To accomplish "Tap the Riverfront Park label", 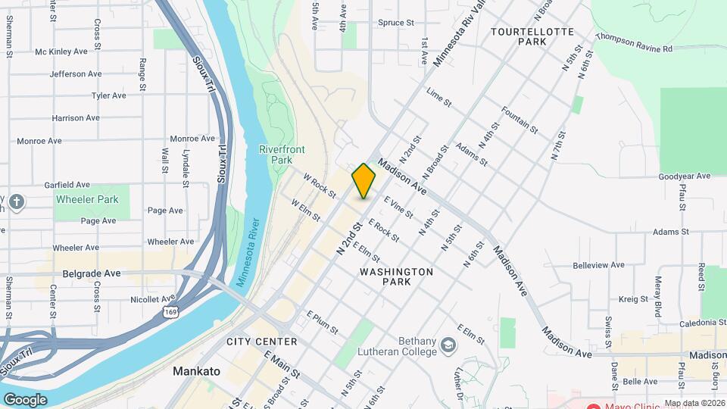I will pyautogui.click(x=276, y=155).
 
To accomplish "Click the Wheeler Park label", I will pyautogui.click(x=87, y=200).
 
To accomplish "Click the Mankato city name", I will pyautogui.click(x=196, y=371).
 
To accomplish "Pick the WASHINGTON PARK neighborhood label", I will pyautogui.click(x=396, y=276).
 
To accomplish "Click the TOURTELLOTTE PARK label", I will pyautogui.click(x=532, y=36).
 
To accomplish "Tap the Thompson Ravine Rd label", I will pyautogui.click(x=634, y=42).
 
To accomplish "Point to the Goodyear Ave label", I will pyautogui.click(x=685, y=176).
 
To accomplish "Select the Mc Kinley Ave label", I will pyautogui.click(x=61, y=52).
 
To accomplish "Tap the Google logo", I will pyautogui.click(x=25, y=399).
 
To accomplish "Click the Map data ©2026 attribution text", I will pyautogui.click(x=694, y=403).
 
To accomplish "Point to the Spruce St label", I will pyautogui.click(x=396, y=23).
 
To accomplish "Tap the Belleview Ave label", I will pyautogui.click(x=598, y=265).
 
